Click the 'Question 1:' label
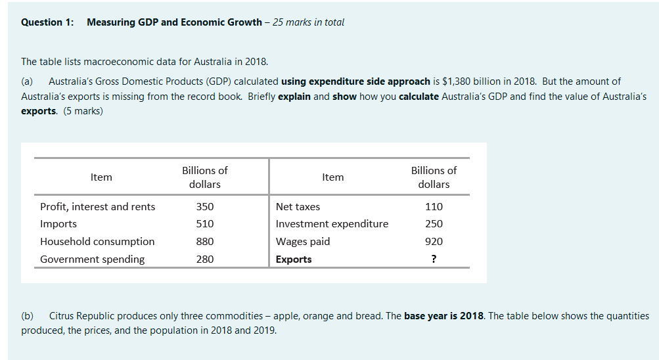[47, 22]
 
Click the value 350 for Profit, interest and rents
[204, 207]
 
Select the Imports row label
[58, 224]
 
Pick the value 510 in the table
[204, 224]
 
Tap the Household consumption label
[97, 242]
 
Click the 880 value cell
[204, 242]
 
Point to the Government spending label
[92, 259]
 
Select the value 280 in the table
[204, 259]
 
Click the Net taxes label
[298, 207]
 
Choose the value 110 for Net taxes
[434, 207]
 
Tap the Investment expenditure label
[332, 224]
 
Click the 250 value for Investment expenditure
[434, 224]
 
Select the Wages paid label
[303, 242]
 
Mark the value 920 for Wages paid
[434, 242]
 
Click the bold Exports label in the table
[294, 259]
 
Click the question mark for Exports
[434, 259]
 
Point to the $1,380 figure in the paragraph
[457, 81]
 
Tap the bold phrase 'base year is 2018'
[443, 316]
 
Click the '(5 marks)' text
[83, 111]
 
